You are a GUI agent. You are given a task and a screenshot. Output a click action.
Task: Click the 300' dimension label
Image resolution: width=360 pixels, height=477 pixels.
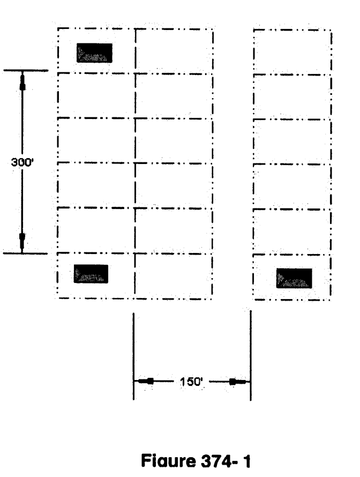(22, 162)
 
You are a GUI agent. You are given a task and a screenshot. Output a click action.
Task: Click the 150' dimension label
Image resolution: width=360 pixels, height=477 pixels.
(191, 382)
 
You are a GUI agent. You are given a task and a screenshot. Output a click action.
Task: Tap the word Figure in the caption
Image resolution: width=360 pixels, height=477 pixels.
(168, 460)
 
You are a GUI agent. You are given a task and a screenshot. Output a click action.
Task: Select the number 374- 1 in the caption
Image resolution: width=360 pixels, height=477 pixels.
(226, 461)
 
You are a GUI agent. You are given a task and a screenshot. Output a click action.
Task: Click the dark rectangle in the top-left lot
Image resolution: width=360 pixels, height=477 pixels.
(94, 53)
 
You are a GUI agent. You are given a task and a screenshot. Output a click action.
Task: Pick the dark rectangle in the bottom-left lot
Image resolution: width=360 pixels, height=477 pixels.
(91, 274)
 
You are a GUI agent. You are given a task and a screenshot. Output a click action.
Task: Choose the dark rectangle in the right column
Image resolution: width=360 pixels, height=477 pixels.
(294, 278)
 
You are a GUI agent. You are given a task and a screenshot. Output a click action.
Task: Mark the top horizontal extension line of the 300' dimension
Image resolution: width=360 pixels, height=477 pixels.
(26, 71)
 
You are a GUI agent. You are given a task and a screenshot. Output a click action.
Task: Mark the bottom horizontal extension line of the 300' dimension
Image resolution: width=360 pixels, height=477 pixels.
(25, 253)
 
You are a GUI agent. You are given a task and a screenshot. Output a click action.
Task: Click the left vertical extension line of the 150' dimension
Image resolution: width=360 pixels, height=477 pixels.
(133, 356)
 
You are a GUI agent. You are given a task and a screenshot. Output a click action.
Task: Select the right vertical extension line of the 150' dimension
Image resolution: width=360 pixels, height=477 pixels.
(251, 355)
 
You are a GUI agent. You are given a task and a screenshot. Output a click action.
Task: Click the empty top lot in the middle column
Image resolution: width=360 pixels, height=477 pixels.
(174, 51)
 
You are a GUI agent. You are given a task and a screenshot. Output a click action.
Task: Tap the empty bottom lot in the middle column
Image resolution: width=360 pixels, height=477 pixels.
(174, 277)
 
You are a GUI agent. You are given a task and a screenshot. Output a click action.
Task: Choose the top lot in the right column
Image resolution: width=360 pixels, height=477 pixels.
(292, 52)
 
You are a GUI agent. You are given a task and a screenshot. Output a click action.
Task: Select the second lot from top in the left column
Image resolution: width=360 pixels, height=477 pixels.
(96, 95)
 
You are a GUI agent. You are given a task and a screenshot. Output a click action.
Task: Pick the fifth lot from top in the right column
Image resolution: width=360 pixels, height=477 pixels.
(292, 232)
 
